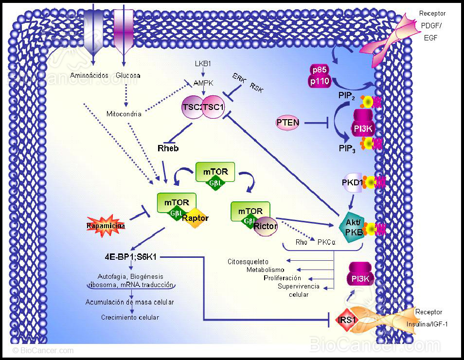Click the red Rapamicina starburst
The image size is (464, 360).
coord(106,226)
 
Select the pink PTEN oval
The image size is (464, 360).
coord(287,123)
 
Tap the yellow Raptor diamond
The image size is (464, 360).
coord(195,218)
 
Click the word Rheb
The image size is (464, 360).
coord(168,147)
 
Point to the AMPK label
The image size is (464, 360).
coord(203,83)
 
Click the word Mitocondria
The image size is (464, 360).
coord(124,114)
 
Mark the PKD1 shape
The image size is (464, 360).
coord(353,182)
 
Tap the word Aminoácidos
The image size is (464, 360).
coord(91,75)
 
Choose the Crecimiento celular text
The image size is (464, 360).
coord(130,318)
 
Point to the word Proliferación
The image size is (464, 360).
coord(282,278)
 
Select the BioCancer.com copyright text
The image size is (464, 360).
coord(43,350)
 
